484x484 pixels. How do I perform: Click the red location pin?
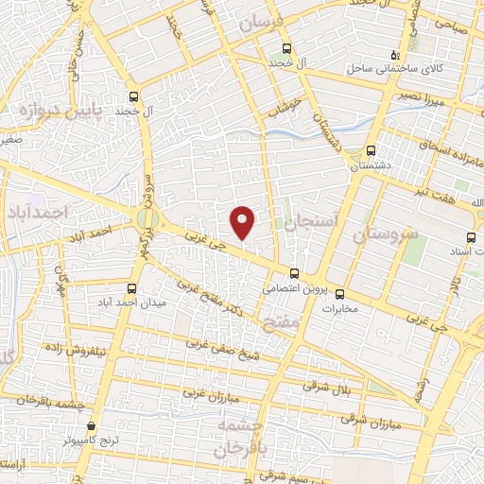[x=243, y=221]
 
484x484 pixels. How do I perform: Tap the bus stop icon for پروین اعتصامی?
[x=294, y=273]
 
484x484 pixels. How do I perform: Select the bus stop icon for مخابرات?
[x=340, y=292]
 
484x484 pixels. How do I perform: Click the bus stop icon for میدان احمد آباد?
[x=131, y=288]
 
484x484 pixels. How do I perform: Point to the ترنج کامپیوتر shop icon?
[x=92, y=427]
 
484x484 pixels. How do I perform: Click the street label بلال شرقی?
[x=326, y=386]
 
